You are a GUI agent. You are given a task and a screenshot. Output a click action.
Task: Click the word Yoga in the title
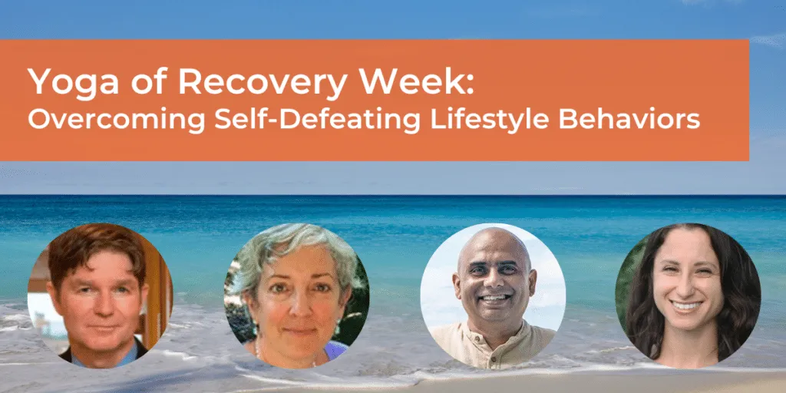73,81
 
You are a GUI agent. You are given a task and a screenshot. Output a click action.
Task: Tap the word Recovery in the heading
263,81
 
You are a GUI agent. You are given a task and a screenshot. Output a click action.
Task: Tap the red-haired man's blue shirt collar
106,357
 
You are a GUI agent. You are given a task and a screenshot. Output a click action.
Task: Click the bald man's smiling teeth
495,298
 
